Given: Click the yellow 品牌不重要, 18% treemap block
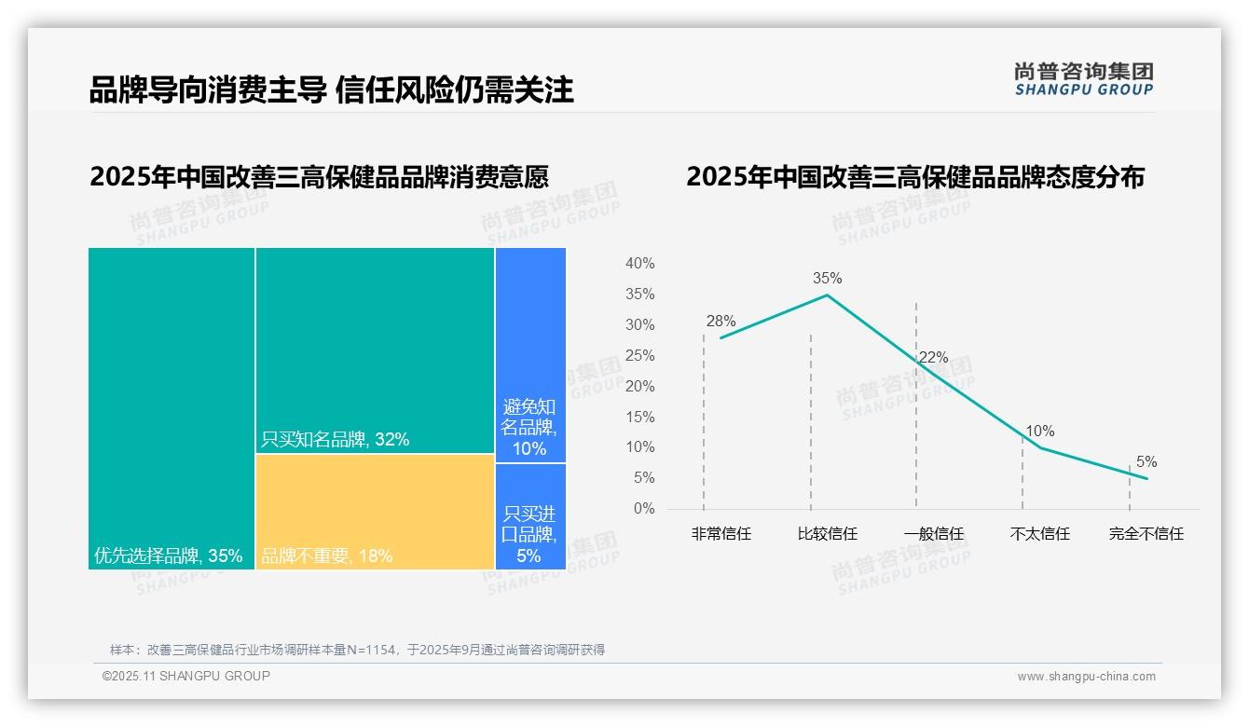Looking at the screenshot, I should pyautogui.click(x=375, y=512).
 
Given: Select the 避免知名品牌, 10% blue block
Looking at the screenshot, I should pyautogui.click(x=530, y=354).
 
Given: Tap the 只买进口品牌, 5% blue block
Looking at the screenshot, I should pyautogui.click(x=530, y=516).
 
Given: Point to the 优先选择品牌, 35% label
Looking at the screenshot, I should pyautogui.click(x=168, y=556).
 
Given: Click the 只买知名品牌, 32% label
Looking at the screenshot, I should pyautogui.click(x=335, y=439).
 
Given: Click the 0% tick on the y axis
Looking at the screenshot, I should pyautogui.click(x=644, y=509).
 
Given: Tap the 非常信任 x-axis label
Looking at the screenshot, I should pyautogui.click(x=721, y=534).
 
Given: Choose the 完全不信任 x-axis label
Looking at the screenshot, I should pyautogui.click(x=1146, y=534).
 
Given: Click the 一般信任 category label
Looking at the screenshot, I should pyautogui.click(x=933, y=534).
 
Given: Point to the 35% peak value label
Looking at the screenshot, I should pyautogui.click(x=827, y=278).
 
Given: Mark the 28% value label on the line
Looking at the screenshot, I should pyautogui.click(x=721, y=322).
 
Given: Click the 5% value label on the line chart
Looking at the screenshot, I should pyautogui.click(x=1146, y=462).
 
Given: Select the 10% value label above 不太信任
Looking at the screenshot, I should pyautogui.click(x=1040, y=432).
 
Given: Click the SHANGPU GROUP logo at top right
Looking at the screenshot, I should pyautogui.click(x=1083, y=79).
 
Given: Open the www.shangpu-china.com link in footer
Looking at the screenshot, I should pyautogui.click(x=1086, y=677).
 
